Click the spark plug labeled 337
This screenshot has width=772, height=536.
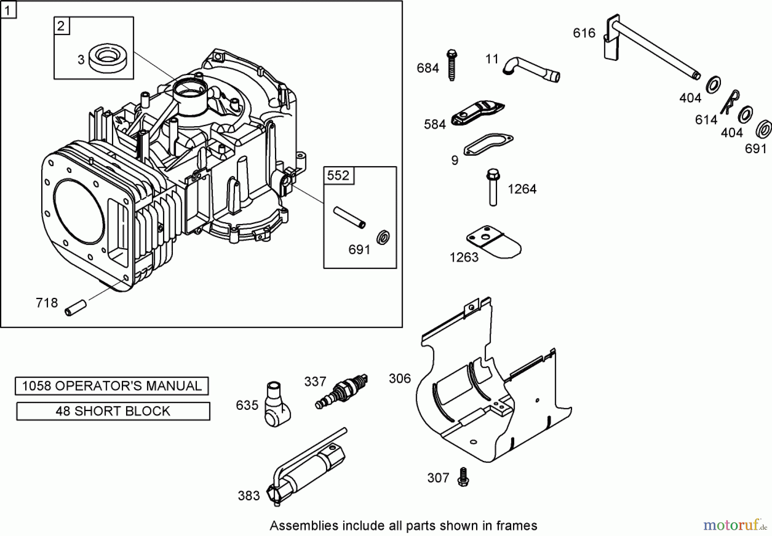(341, 391)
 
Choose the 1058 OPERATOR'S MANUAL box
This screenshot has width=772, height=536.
(112, 386)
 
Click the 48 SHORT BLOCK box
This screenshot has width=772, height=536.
(113, 411)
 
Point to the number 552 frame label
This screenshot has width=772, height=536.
(338, 176)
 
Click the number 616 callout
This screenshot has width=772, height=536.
(584, 33)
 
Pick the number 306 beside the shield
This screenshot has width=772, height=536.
(399, 379)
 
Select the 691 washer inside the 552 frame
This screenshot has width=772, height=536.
(383, 237)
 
